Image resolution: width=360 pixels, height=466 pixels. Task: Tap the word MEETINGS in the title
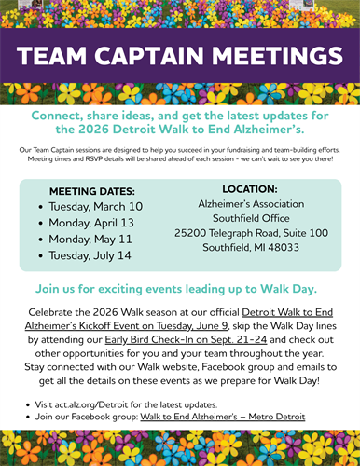pyautogui.click(x=277, y=56)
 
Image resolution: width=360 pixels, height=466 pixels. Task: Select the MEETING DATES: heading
pyautogui.click(x=92, y=191)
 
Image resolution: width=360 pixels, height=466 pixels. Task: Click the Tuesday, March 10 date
pyautogui.click(x=96, y=207)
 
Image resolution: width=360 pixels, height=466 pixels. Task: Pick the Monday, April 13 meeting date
pyautogui.click(x=91, y=223)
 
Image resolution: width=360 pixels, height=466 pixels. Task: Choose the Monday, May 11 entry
pyautogui.click(x=90, y=240)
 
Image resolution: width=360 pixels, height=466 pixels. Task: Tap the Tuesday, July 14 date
pyautogui.click(x=90, y=255)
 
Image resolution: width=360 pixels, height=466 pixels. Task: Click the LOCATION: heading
pyautogui.click(x=250, y=189)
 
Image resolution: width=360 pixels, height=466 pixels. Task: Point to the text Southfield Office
pyautogui.click(x=251, y=218)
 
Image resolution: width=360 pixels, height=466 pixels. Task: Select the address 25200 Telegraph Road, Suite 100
pyautogui.click(x=251, y=233)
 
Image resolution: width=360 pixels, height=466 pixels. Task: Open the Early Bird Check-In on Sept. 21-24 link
pyautogui.click(x=186, y=339)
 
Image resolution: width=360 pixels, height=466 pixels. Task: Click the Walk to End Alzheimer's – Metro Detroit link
pyautogui.click(x=223, y=417)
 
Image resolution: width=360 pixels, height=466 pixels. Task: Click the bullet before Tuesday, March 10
pyautogui.click(x=41, y=207)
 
